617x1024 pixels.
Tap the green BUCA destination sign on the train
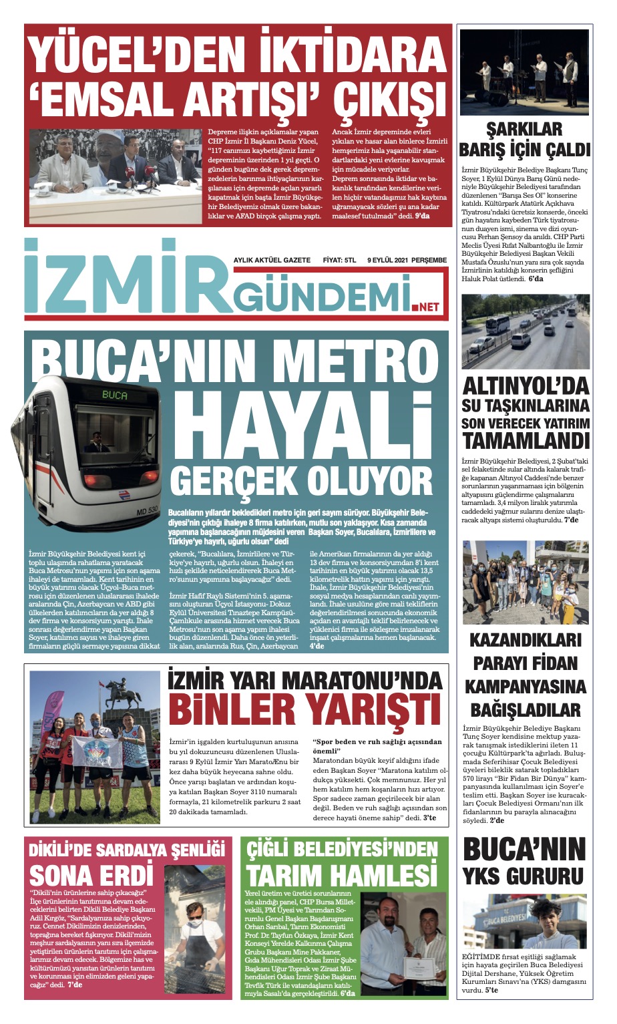coord(115,395)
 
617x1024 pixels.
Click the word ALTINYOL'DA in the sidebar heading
coord(526,386)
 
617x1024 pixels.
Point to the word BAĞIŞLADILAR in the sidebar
coord(525,709)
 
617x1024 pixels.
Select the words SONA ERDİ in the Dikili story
coord(91,874)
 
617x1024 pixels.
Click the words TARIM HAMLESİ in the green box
coord(341,874)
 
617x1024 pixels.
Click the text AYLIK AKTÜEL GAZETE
coord(272,260)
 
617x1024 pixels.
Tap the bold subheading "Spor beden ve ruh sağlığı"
coord(377,746)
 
